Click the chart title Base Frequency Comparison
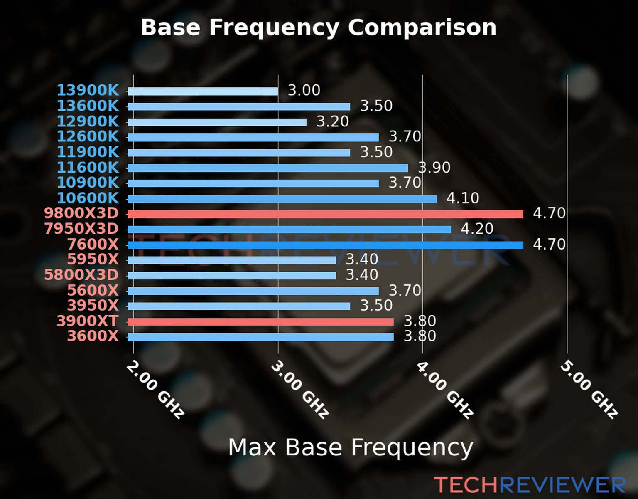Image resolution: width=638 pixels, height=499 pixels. pyautogui.click(x=319, y=27)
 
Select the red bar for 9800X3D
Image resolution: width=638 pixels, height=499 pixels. pyautogui.click(x=325, y=214)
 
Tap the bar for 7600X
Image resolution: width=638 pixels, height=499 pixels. pyautogui.click(x=325, y=245)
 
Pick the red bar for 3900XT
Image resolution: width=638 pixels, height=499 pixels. pyautogui.click(x=260, y=321)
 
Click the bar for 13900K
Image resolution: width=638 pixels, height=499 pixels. pyautogui.click(x=203, y=91)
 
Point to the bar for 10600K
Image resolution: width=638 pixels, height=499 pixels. pyautogui.click(x=282, y=199)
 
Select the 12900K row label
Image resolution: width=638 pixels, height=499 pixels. pyautogui.click(x=88, y=121)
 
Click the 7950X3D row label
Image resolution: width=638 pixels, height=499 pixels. pyautogui.click(x=81, y=229)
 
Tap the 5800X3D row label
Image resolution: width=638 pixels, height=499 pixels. pyautogui.click(x=81, y=275)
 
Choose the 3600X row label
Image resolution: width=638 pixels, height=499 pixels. pyautogui.click(x=93, y=336)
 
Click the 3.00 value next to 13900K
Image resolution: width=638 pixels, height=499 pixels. pyautogui.click(x=304, y=90)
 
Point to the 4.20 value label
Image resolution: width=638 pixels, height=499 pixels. pyautogui.click(x=477, y=229)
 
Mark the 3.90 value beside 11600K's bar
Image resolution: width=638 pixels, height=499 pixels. pyautogui.click(x=434, y=168)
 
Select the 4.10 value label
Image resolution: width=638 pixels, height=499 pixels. pyautogui.click(x=463, y=198)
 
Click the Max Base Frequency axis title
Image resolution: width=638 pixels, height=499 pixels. pyautogui.click(x=351, y=448)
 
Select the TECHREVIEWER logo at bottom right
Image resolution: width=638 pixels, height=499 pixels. pyautogui.click(x=530, y=485)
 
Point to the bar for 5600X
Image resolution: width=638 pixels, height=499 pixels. pyautogui.click(x=253, y=291)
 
